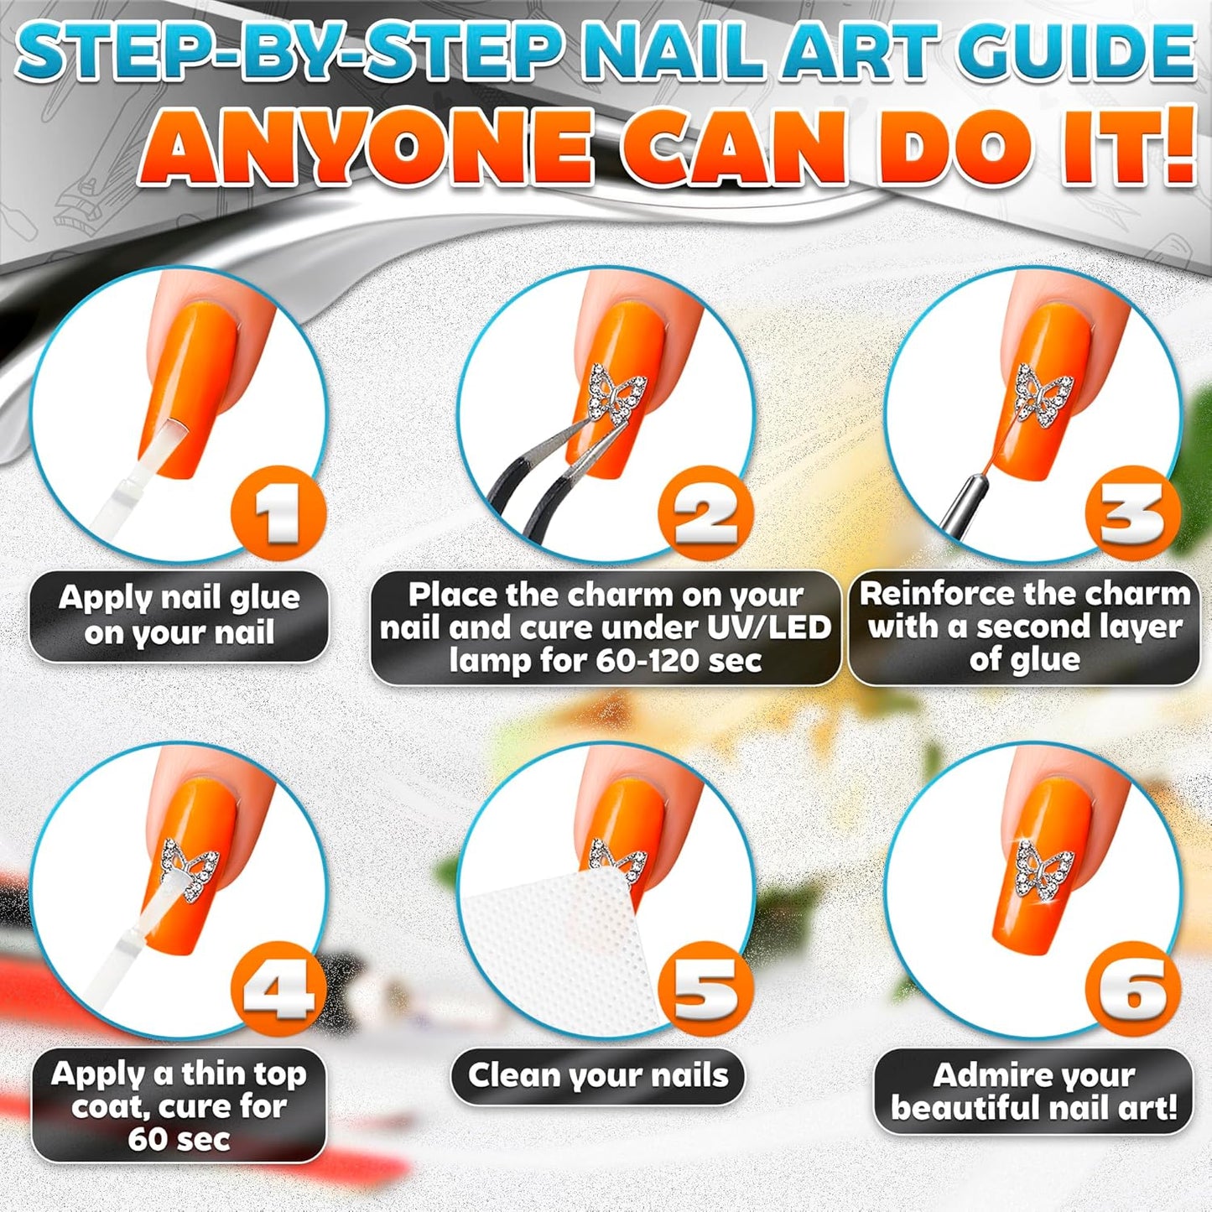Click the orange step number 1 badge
[279, 515]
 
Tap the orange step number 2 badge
[705, 515]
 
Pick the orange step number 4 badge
[279, 991]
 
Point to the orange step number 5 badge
[705, 991]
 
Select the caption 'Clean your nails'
[598, 1075]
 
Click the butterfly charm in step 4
[190, 871]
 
